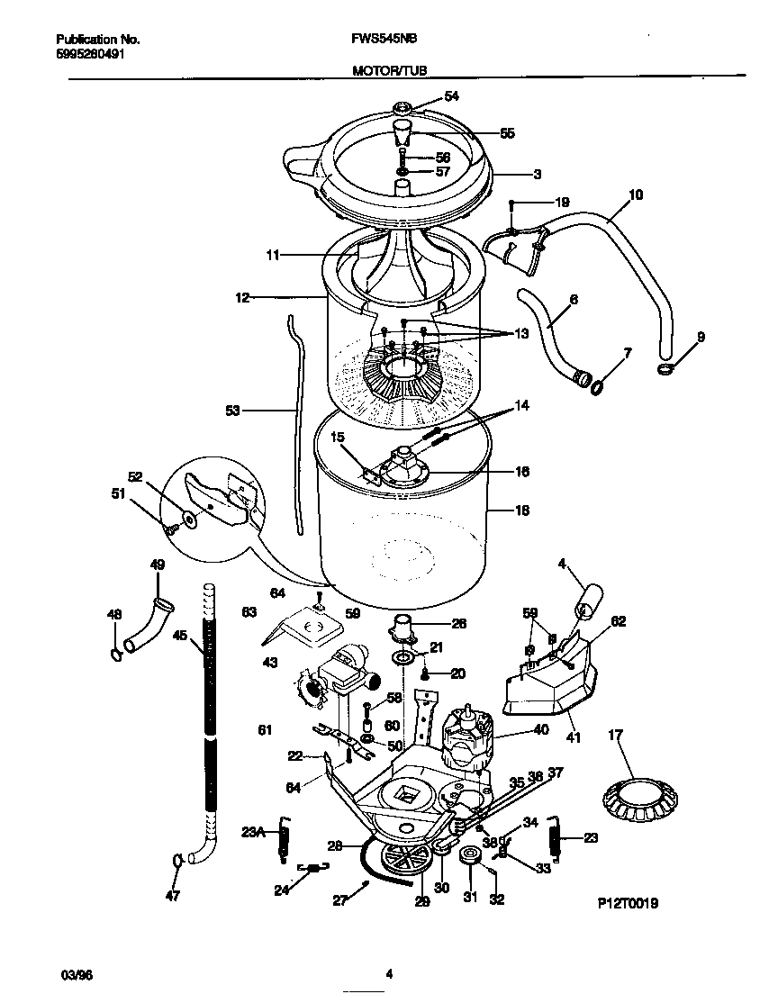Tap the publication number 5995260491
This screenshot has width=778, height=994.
(90, 54)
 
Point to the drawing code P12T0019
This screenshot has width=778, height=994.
(627, 902)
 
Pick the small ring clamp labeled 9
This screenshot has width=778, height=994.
(665, 369)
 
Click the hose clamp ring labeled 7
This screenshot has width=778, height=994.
(596, 386)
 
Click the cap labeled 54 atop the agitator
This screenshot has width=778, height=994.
(404, 109)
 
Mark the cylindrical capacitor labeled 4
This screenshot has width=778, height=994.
(590, 601)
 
